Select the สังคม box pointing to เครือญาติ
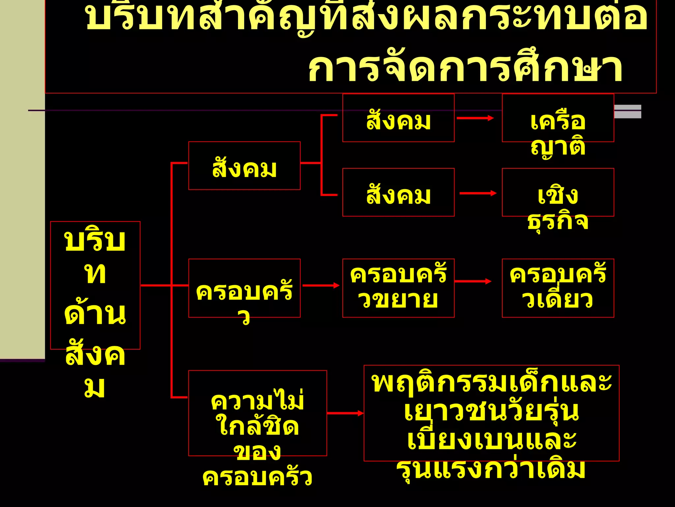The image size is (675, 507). [x=398, y=118]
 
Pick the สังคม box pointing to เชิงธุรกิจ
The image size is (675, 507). [x=398, y=192]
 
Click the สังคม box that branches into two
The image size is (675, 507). [x=244, y=166]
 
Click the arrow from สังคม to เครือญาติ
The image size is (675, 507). [x=475, y=118]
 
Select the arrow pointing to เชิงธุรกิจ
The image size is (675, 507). [x=478, y=193]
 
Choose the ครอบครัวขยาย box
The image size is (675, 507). [x=398, y=288]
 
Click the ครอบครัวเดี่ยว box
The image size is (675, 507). [x=558, y=288]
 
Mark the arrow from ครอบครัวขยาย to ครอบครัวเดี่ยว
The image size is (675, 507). [x=473, y=281]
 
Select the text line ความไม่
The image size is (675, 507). [x=257, y=400]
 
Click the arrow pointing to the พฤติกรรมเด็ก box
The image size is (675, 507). [x=345, y=413]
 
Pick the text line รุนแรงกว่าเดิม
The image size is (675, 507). [x=491, y=469]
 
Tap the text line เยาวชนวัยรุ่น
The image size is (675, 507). [x=491, y=412]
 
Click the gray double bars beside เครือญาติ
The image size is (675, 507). [x=628, y=111]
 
